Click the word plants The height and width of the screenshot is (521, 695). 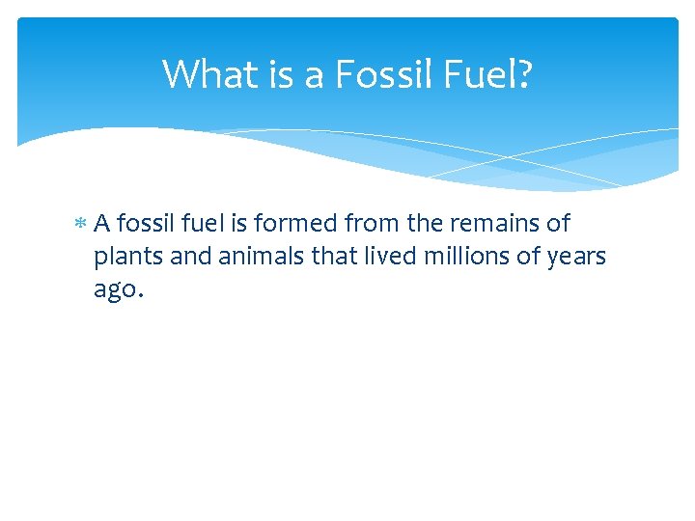(x=125, y=258)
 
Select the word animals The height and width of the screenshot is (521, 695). (x=253, y=258)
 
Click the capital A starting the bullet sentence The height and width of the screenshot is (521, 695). (x=102, y=224)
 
